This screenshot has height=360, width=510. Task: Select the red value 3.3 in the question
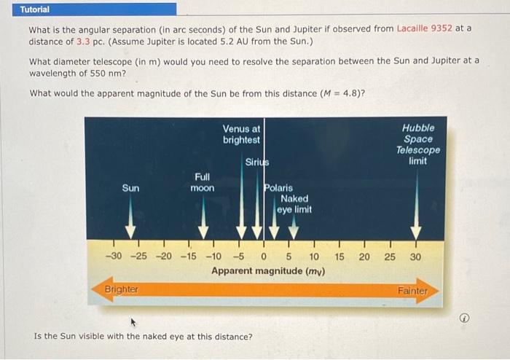tap(82, 41)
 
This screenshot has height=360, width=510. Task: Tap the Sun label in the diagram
tap(130, 188)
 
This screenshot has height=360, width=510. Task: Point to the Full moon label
tap(203, 182)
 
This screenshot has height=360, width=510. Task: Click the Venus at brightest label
tap(241, 134)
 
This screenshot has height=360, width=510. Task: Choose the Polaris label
tap(278, 187)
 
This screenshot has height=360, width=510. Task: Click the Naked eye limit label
tap(294, 203)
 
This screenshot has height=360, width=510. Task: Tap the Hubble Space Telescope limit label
tap(417, 144)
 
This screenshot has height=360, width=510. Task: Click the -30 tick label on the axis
tap(114, 257)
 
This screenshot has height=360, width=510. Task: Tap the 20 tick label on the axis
tap(364, 257)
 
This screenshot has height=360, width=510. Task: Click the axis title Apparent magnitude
tap(268, 271)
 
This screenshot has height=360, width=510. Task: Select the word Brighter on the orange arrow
tap(121, 289)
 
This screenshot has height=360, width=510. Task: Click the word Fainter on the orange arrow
tap(412, 291)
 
